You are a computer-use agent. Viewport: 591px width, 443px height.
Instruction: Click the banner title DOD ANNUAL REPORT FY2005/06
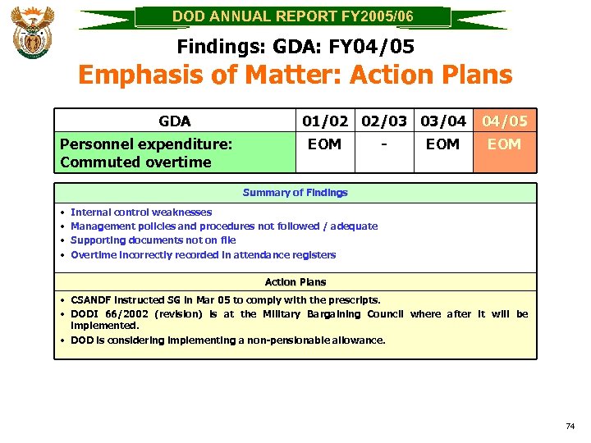tap(292, 16)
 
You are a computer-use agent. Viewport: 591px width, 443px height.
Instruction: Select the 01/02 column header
tap(324, 121)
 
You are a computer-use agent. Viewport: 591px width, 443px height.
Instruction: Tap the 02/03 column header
tap(384, 121)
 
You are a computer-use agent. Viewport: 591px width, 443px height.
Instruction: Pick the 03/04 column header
tap(443, 121)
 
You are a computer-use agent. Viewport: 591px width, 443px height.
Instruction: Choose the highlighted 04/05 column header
tap(505, 121)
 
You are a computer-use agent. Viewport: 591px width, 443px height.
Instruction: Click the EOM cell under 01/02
tap(324, 144)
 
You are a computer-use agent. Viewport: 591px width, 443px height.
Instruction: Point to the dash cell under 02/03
tap(384, 144)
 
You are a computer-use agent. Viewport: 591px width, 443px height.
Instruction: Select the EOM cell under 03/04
tap(443, 144)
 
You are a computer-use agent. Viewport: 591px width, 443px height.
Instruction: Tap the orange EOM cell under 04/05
tap(505, 144)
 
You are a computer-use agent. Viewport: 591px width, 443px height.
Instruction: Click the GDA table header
tap(175, 121)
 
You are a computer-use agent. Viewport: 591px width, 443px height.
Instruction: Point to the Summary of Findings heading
tap(295, 193)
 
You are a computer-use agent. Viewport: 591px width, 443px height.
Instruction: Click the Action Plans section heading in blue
tap(295, 282)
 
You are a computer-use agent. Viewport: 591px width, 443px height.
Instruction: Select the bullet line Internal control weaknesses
tap(141, 212)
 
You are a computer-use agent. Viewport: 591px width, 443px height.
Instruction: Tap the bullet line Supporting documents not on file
tap(153, 240)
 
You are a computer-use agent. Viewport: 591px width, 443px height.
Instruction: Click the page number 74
tap(570, 426)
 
